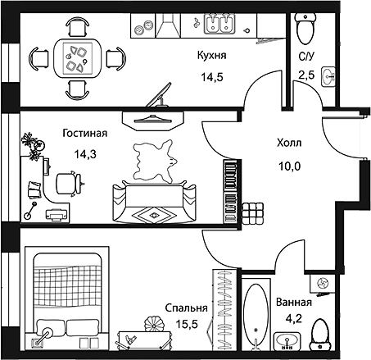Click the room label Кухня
click(211, 56)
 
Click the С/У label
click(306, 57)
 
